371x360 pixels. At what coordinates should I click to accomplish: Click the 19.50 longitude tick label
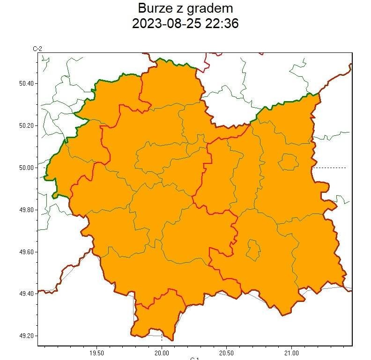point(96,353)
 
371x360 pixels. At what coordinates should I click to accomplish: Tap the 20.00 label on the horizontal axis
point(162,353)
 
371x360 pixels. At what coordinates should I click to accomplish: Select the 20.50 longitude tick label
point(226,353)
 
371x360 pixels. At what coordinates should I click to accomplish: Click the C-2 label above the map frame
point(37,48)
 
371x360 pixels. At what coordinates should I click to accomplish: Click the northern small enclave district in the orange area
point(288,162)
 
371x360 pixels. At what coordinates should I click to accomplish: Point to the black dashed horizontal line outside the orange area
point(330,168)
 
